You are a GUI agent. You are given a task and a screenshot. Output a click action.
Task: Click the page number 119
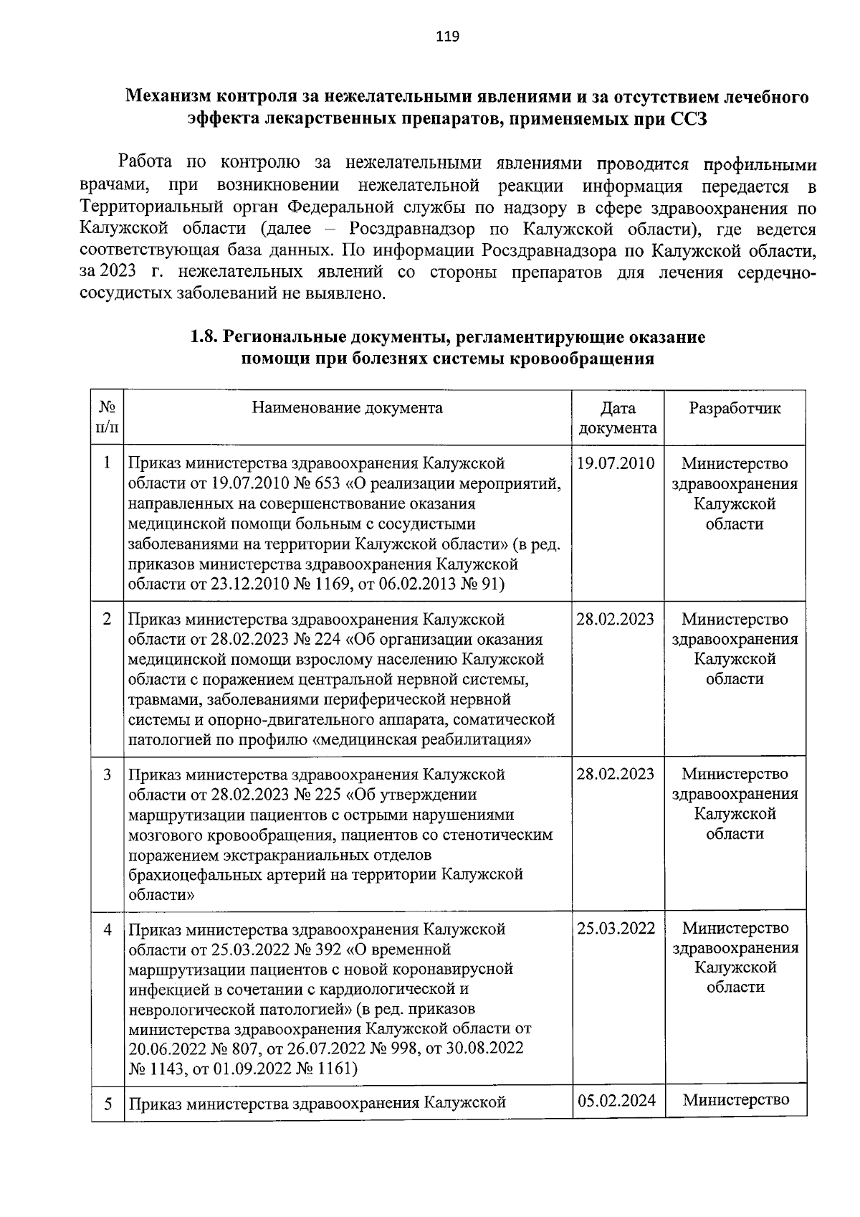(x=447, y=36)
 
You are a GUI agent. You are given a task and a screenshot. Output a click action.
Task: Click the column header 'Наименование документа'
(x=347, y=408)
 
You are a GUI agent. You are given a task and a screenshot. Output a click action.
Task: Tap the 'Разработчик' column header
(x=735, y=408)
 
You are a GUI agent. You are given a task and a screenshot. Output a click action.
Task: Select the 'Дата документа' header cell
(x=617, y=418)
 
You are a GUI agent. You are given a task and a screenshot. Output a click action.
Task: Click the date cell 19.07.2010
(x=616, y=463)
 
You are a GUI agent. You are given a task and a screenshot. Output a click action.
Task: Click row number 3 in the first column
(x=107, y=775)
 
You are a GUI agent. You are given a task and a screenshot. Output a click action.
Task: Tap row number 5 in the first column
(x=107, y=1104)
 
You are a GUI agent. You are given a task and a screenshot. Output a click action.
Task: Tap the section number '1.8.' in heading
(x=204, y=336)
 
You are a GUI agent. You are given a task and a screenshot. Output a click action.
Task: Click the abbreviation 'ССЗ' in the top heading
(x=689, y=119)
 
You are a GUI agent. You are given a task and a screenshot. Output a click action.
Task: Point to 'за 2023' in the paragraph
(x=108, y=273)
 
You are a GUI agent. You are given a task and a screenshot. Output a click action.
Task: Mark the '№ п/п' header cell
(x=107, y=418)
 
